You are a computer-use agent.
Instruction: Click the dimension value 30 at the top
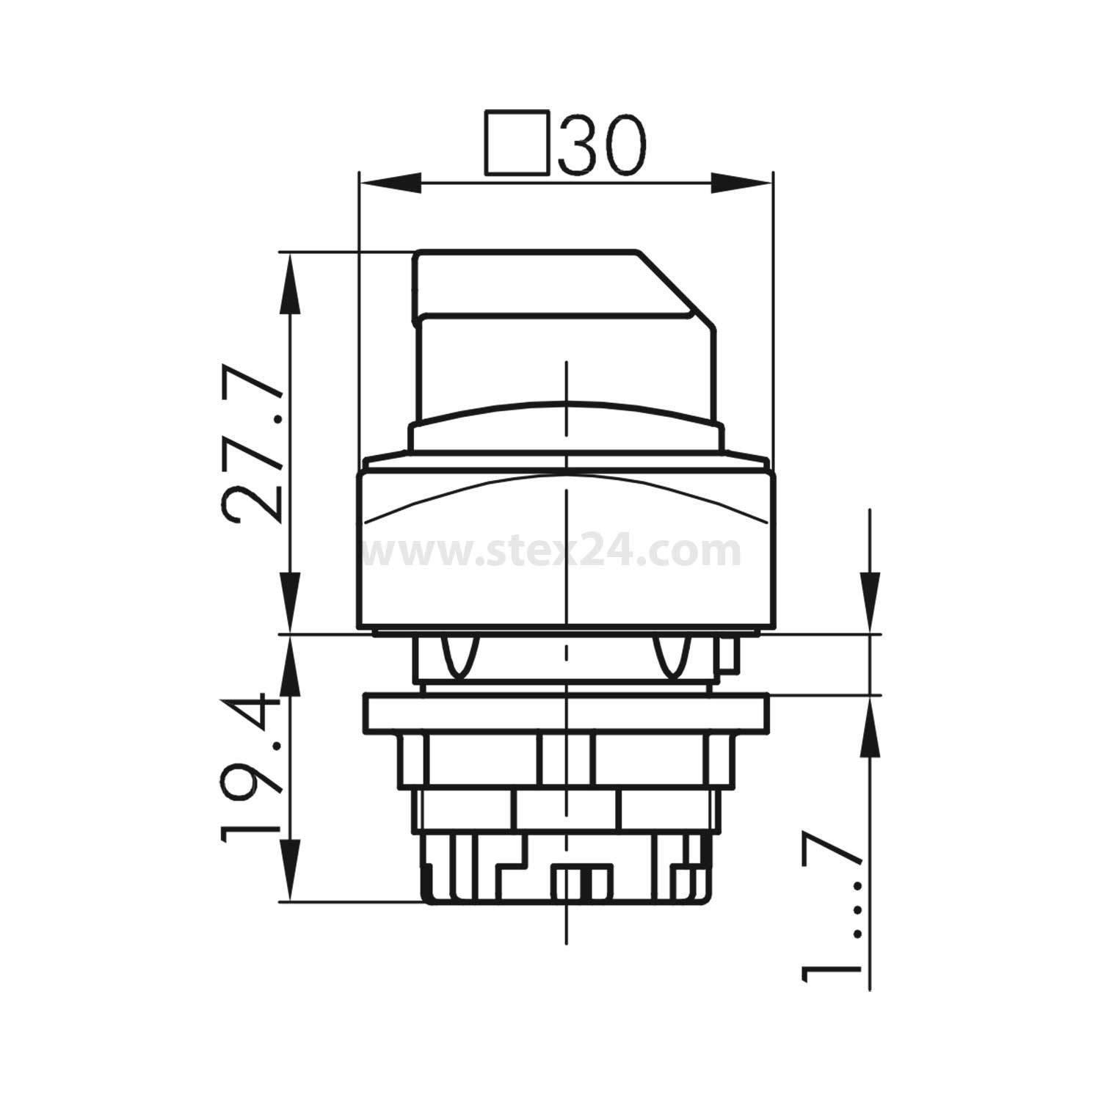click(603, 145)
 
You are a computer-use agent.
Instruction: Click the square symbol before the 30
click(517, 143)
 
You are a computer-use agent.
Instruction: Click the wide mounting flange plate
click(565, 713)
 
